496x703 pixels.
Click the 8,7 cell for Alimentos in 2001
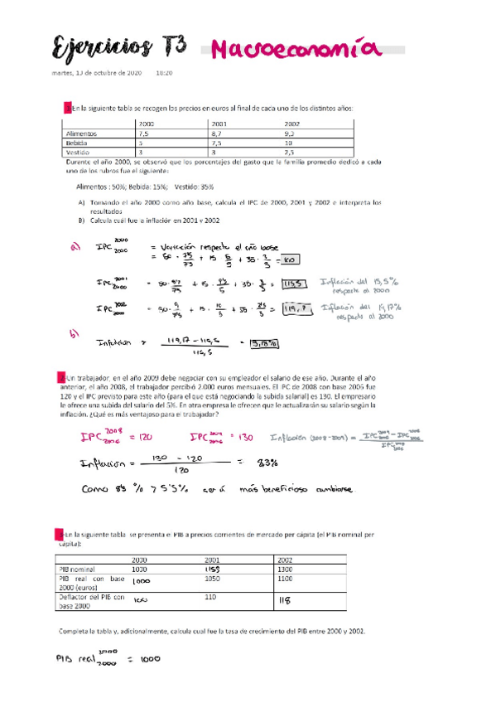(x=217, y=133)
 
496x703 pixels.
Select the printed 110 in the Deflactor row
(x=210, y=597)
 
